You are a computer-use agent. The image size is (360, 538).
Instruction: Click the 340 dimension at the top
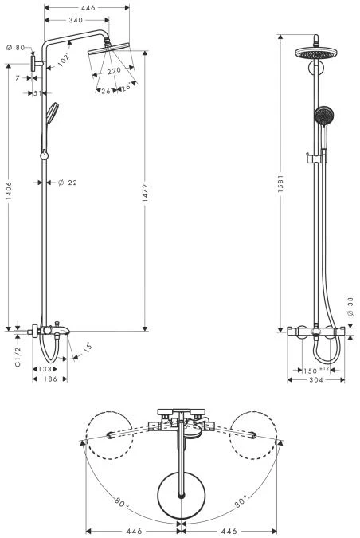77,21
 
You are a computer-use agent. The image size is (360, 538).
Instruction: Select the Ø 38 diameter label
350,308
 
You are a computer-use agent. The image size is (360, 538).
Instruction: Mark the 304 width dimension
315,381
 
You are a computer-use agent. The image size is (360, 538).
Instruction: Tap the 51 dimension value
37,93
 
